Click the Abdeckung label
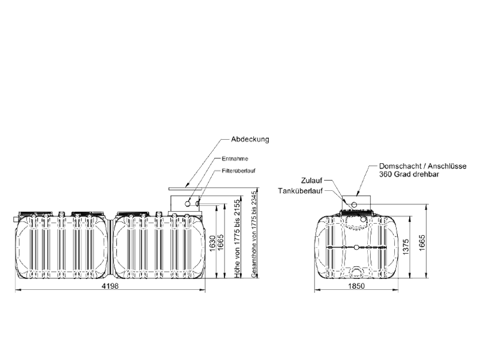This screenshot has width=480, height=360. click(x=248, y=139)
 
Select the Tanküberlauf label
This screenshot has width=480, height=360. click(x=298, y=191)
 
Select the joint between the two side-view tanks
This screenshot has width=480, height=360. click(x=111, y=246)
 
